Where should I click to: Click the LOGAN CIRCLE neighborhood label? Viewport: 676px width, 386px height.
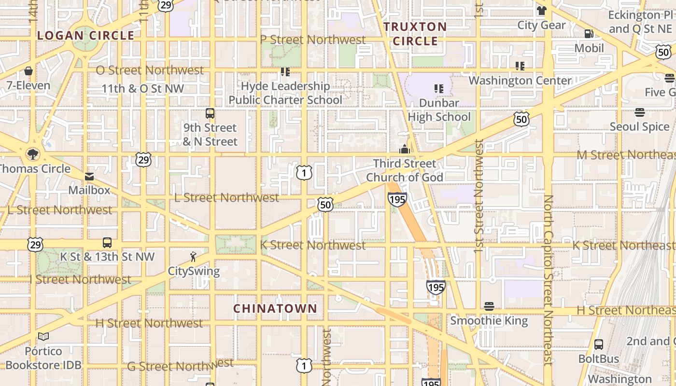click(x=85, y=35)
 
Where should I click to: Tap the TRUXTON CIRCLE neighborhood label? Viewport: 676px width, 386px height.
click(x=415, y=34)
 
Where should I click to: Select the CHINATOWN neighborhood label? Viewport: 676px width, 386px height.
click(x=275, y=308)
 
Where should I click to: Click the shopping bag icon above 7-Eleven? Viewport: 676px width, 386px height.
click(x=28, y=71)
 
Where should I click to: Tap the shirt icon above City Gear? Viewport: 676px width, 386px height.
click(x=541, y=11)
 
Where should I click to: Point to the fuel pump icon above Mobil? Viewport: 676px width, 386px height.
click(x=589, y=34)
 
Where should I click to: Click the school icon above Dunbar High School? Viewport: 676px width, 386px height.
click(x=438, y=89)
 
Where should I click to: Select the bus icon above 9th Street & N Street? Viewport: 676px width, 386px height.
click(x=210, y=113)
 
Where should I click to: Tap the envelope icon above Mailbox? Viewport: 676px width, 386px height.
click(x=89, y=176)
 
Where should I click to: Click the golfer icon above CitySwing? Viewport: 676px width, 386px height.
click(x=193, y=257)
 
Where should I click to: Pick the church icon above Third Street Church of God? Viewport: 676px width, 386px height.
click(x=405, y=149)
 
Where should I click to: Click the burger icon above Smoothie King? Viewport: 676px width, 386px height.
click(x=489, y=306)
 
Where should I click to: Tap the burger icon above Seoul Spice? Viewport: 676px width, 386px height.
click(x=640, y=112)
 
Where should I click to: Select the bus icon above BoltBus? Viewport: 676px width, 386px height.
click(x=599, y=345)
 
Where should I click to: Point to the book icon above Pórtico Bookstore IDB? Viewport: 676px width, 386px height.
click(x=43, y=337)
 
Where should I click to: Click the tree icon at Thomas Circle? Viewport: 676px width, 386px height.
click(x=33, y=154)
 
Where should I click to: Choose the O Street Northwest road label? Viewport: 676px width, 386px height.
click(x=150, y=70)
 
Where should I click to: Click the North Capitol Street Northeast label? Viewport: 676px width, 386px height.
click(x=548, y=280)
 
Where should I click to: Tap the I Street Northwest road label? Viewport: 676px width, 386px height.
click(x=80, y=279)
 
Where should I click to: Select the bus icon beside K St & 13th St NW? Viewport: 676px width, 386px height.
click(x=107, y=243)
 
